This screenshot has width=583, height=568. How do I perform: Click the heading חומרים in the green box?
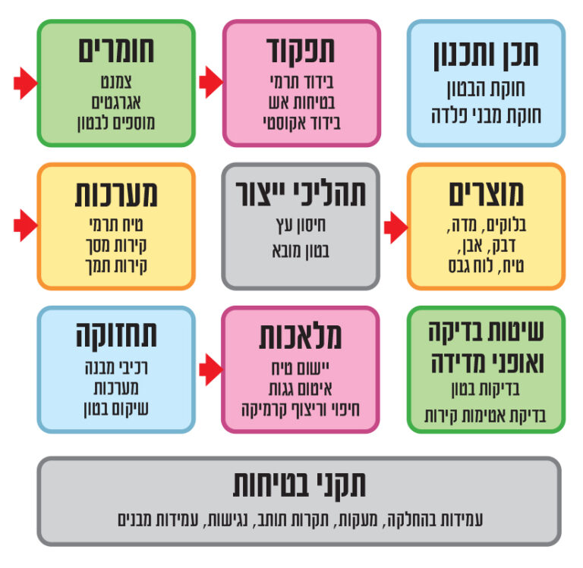116,51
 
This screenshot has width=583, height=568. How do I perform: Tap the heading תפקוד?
301,50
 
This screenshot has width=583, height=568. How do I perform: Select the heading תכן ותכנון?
486,55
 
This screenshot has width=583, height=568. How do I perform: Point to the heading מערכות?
116,194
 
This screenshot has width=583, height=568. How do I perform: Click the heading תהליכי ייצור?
301,194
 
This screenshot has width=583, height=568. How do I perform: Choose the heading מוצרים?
486,194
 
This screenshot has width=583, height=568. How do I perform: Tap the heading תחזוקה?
116,336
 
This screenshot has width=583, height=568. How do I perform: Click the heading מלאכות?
301,337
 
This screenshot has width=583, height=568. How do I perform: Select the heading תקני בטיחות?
299,485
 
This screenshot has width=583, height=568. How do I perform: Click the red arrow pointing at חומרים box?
26,83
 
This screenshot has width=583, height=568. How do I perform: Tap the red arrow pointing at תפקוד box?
211,82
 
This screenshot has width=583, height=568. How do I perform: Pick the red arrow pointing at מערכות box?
26,225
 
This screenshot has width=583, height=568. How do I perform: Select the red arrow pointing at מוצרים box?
396,228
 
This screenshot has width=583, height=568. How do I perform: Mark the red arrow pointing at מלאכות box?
211,369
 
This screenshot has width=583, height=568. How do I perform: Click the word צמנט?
116,82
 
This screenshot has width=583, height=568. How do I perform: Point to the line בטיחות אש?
301,102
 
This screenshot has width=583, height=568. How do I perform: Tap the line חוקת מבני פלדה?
486,115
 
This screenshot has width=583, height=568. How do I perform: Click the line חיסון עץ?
301,225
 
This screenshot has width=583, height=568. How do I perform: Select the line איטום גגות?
301,389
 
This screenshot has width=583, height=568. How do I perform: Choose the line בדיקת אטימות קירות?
485,416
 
